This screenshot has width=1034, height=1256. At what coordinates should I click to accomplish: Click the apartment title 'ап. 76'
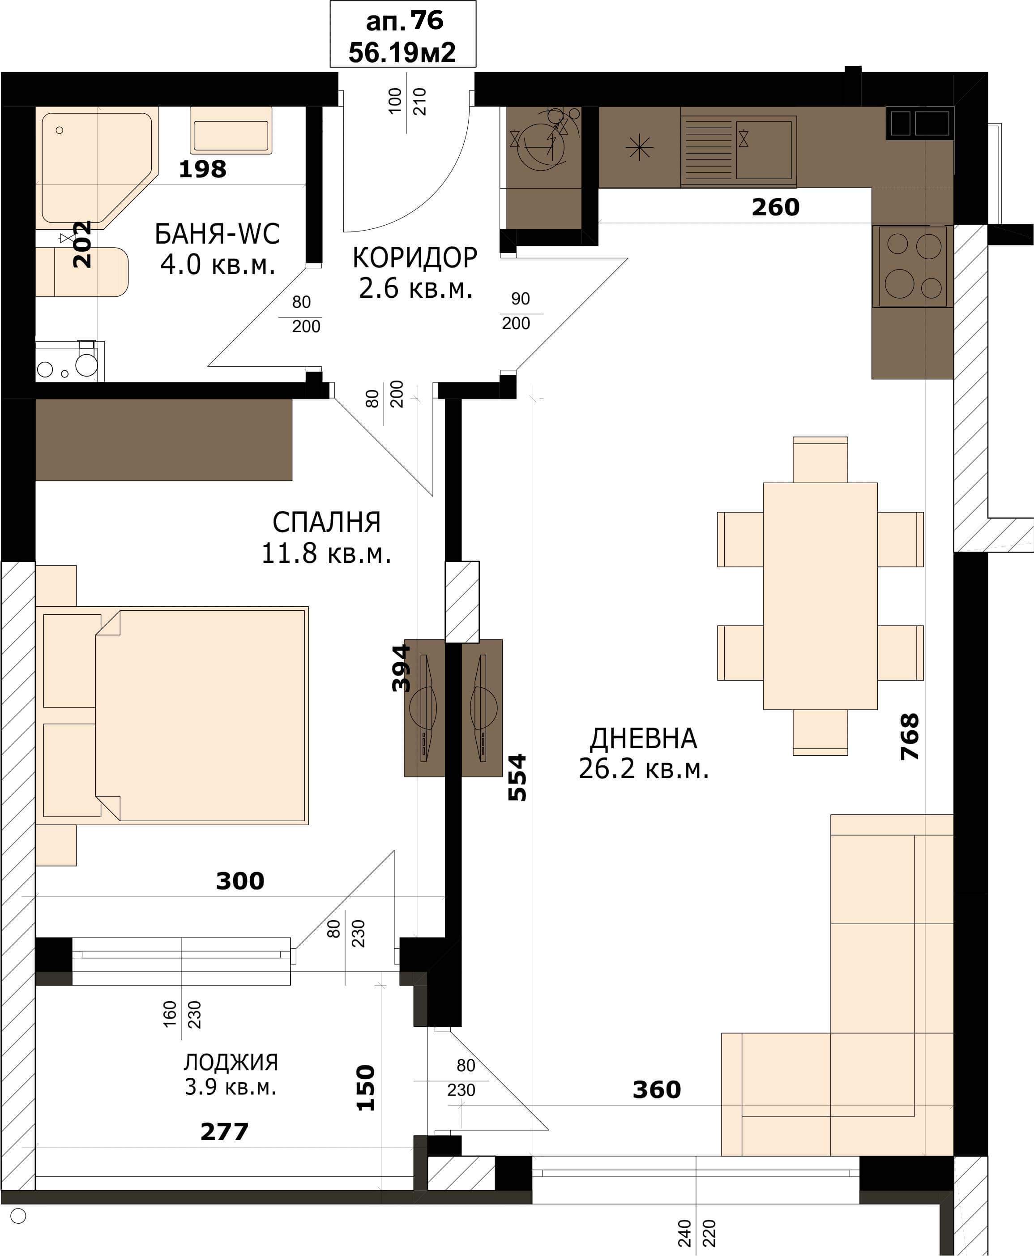[405, 21]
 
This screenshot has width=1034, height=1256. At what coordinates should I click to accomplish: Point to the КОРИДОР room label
[414, 257]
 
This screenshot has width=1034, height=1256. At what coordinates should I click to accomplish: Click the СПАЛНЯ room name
[326, 523]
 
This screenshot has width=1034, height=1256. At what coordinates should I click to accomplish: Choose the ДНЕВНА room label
[643, 739]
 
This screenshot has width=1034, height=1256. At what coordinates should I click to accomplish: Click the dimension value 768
[910, 737]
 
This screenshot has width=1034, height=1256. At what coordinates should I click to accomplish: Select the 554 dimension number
[517, 777]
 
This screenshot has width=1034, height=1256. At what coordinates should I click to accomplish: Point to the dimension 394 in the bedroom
[402, 668]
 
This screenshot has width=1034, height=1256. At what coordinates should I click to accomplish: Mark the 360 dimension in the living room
[656, 1090]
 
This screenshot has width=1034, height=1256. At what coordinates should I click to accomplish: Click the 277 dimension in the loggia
[224, 1132]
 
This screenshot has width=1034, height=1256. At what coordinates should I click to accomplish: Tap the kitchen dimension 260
[775, 207]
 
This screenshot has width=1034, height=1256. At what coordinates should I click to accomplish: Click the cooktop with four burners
[913, 266]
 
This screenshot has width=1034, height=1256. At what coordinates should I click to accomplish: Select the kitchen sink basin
[766, 149]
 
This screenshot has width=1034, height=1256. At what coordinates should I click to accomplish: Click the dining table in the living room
[820, 596]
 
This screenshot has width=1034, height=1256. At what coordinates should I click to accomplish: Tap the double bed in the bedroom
[201, 716]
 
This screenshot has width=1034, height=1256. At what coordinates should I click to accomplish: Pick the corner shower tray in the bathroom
[98, 168]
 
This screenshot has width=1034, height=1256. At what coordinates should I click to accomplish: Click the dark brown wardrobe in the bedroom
[164, 440]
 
